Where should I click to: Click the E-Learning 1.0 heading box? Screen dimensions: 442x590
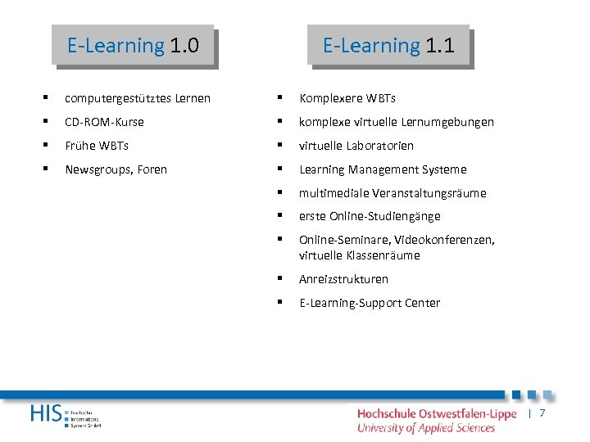(x=133, y=45)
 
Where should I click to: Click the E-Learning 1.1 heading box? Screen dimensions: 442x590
(x=388, y=45)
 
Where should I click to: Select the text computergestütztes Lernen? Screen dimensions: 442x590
(x=138, y=98)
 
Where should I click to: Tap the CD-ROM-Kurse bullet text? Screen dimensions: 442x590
(x=104, y=122)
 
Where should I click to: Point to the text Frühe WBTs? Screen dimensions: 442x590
(x=97, y=146)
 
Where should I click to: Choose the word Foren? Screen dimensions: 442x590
(x=152, y=169)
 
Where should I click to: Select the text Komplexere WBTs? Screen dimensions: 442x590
(x=347, y=98)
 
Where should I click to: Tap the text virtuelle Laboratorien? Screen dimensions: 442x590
(x=356, y=146)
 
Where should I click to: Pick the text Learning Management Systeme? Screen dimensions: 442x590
(x=383, y=169)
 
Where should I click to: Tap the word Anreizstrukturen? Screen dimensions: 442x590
(x=343, y=279)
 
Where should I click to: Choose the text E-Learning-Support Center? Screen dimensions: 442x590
(x=370, y=303)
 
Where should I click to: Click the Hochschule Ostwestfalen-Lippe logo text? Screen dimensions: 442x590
(x=437, y=413)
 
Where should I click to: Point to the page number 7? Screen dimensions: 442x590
(x=542, y=413)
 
